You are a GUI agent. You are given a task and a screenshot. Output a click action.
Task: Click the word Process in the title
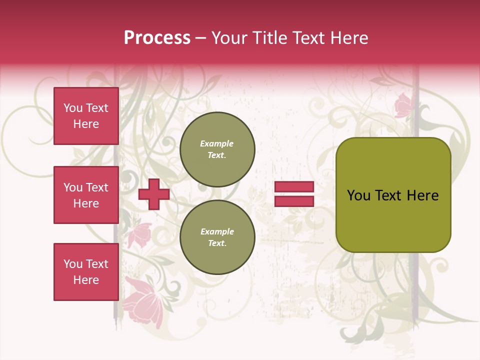click(157, 38)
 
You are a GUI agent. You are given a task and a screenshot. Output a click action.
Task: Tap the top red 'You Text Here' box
click(86, 116)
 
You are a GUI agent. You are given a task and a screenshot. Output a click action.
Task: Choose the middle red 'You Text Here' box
click(86, 195)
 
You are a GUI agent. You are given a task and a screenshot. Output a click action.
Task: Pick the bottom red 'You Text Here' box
click(86, 272)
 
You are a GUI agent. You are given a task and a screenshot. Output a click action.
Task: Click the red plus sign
click(154, 195)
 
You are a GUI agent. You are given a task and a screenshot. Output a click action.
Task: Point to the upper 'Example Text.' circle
click(217, 149)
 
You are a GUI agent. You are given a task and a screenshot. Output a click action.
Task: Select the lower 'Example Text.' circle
click(217, 237)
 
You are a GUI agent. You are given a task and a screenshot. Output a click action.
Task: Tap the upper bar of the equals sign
click(294, 186)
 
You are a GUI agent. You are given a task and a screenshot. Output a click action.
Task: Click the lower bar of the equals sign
click(294, 201)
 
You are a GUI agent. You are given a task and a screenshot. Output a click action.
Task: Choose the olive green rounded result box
click(393, 195)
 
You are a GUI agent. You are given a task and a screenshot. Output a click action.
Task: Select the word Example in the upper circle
click(216, 143)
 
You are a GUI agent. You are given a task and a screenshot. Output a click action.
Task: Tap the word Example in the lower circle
click(217, 231)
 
